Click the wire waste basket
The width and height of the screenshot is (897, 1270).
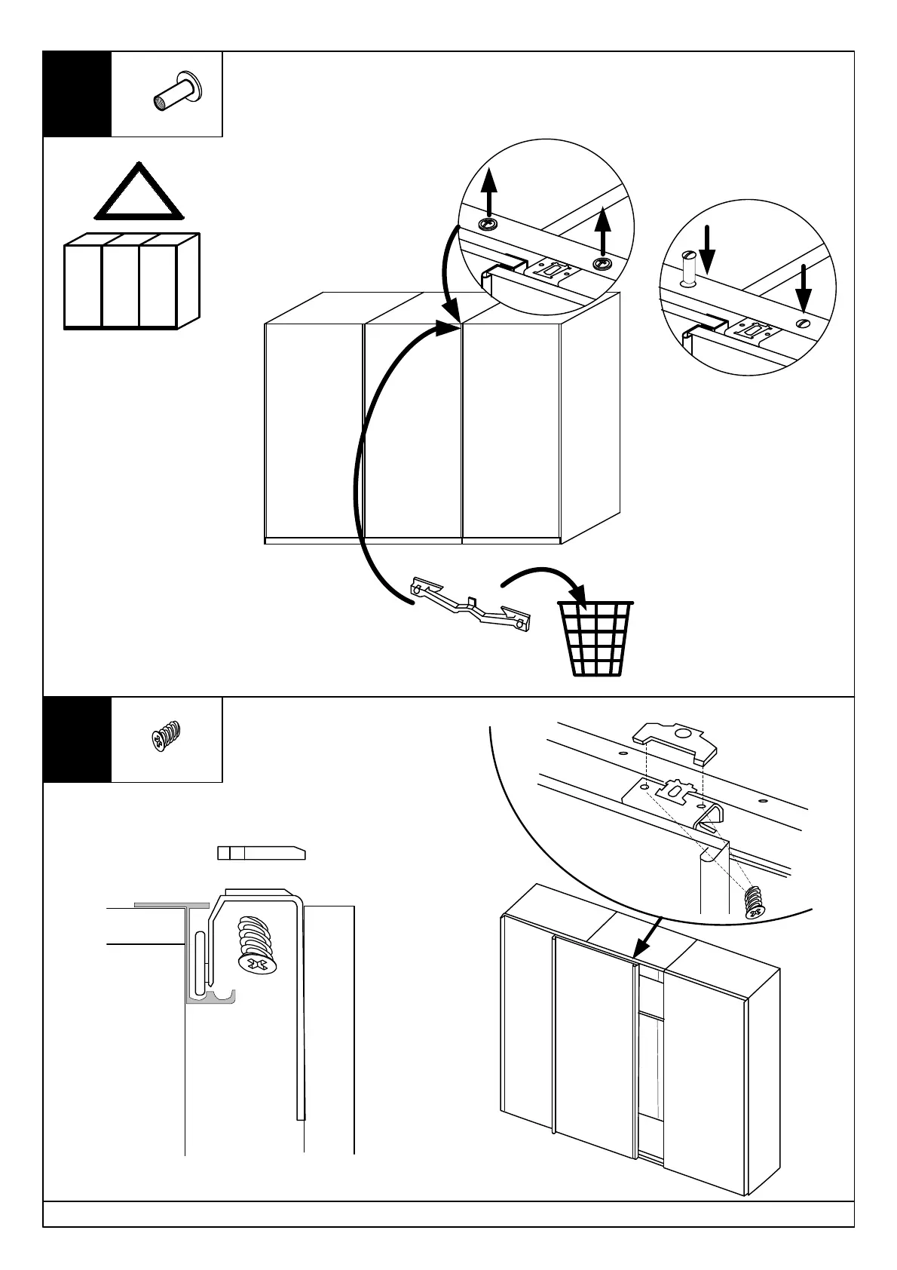tap(595, 638)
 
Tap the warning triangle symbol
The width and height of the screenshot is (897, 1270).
tap(139, 192)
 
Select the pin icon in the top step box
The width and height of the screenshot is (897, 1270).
tap(177, 93)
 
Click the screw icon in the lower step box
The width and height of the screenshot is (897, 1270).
tap(167, 737)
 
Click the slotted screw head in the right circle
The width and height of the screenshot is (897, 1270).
tap(803, 324)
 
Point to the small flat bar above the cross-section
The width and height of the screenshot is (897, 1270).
tap(261, 853)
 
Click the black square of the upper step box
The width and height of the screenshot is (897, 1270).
tap(77, 94)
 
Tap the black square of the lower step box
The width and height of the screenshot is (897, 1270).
tap(77, 740)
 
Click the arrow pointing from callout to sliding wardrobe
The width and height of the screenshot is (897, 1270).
tap(647, 935)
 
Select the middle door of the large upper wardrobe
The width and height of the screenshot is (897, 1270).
tap(412, 430)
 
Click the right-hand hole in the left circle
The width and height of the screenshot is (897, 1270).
tap(602, 263)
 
